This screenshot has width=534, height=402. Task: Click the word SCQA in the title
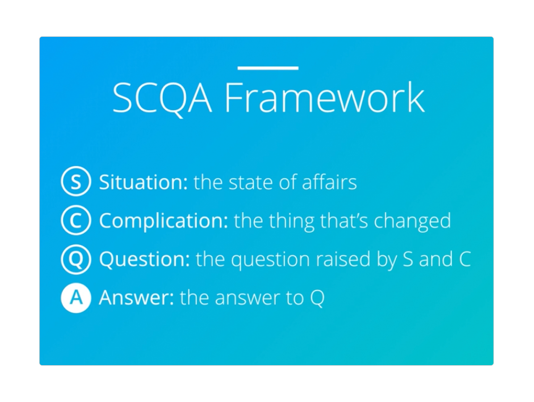click(162, 98)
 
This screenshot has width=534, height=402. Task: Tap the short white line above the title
click(268, 68)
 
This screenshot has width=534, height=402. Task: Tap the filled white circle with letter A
click(76, 298)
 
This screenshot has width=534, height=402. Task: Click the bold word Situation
click(143, 182)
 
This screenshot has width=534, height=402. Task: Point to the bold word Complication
click(164, 221)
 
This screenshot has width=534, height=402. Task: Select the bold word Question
click(145, 259)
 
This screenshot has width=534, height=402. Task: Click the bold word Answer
click(137, 298)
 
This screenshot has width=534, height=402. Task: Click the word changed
click(413, 221)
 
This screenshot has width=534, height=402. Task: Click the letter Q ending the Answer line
click(317, 299)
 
